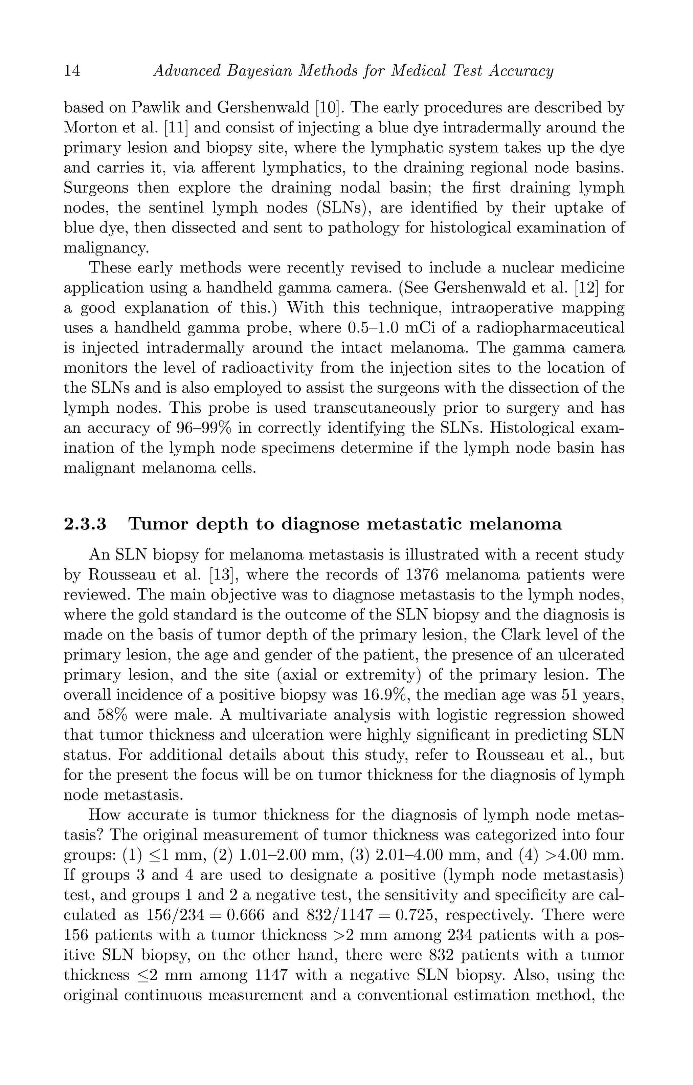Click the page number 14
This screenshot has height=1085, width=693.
pos(72,71)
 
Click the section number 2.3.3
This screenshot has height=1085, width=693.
pos(85,524)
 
